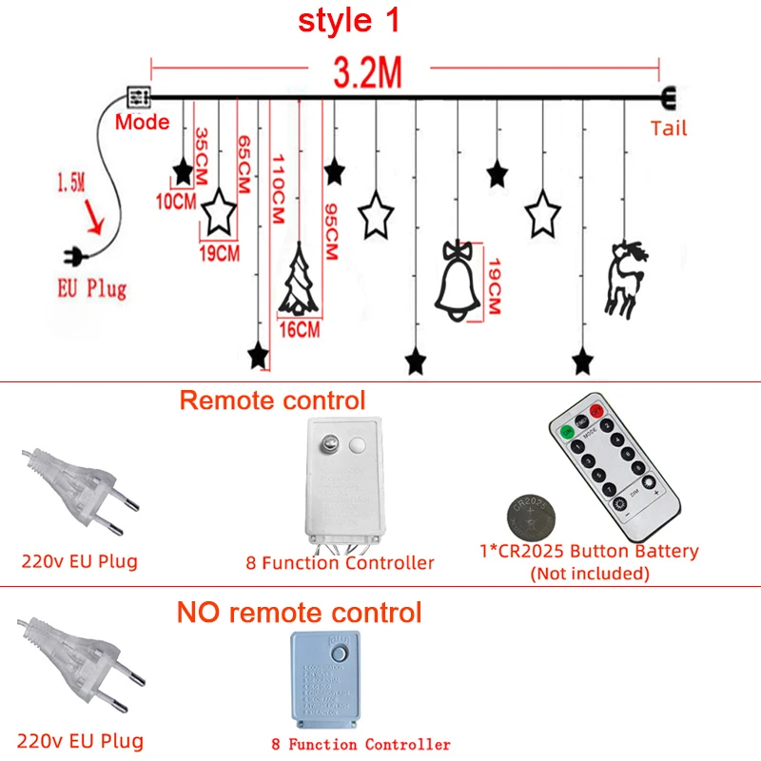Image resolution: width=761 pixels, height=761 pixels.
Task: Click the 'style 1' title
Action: pos(349,21)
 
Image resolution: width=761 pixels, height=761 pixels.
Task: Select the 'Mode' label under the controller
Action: pos(143,122)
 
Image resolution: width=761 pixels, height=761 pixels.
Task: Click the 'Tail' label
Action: pos(669,127)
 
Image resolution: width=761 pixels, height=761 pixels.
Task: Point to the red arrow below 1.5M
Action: pos(93,219)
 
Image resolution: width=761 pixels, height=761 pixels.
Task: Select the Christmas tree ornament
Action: pos(299,282)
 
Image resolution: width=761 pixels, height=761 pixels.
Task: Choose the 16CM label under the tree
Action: pos(300,330)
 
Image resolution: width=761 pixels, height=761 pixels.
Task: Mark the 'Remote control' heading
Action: pos(272,400)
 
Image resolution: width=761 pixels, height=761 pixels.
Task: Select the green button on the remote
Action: pos(568,432)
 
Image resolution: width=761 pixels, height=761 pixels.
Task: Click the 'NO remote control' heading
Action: pos(299,612)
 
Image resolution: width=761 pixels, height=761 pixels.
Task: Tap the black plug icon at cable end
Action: pos(73,254)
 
